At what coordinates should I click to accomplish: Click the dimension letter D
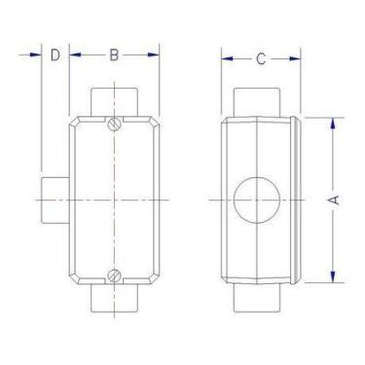click(x=55, y=55)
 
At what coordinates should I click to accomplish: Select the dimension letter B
click(x=114, y=55)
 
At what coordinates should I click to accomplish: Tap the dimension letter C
click(x=261, y=59)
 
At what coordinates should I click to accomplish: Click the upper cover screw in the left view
click(x=115, y=125)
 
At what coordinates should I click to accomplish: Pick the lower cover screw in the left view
click(x=115, y=274)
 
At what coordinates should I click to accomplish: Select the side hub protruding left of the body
click(x=55, y=199)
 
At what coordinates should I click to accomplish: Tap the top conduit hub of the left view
click(x=114, y=101)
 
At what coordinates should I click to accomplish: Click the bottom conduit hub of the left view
click(x=114, y=299)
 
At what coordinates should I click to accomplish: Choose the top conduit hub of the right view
click(x=258, y=102)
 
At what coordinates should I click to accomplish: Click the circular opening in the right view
click(x=257, y=201)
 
